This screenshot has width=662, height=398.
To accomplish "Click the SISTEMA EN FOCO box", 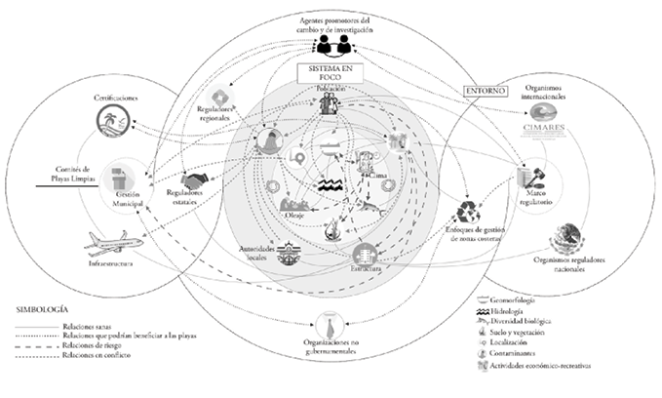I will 331,75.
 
